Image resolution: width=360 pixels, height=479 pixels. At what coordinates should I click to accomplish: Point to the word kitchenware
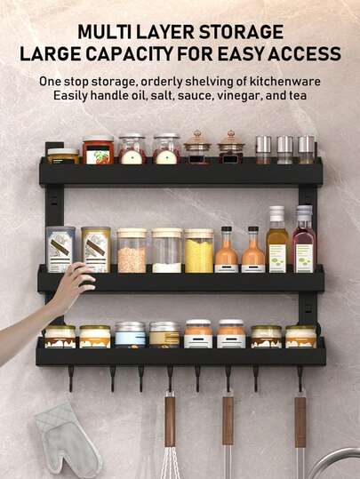coord(285,81)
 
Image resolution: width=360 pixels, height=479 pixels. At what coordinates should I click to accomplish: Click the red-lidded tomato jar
coord(98,149)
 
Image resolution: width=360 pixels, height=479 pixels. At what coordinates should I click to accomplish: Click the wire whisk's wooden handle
coord(170,421)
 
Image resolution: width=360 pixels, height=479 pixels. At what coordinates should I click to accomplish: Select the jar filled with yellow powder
coord(198,251)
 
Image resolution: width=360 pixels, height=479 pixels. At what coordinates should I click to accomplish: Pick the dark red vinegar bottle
coord(303,239)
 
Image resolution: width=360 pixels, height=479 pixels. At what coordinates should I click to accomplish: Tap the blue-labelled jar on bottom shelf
coord(130,334)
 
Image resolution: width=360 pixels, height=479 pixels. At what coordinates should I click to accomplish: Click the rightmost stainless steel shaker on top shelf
coord(306,149)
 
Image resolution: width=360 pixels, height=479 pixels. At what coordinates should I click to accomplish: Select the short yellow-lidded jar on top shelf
coord(62,156)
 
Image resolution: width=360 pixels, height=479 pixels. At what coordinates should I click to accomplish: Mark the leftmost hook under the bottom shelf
coord(71,379)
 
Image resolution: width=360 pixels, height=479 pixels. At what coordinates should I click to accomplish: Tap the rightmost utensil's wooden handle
coord(300,422)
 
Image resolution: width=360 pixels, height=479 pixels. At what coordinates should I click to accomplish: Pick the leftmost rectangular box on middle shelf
coord(60,250)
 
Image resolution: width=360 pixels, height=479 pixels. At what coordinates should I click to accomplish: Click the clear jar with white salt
coord(167,251)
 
